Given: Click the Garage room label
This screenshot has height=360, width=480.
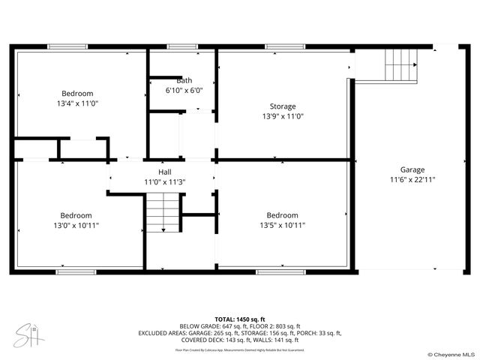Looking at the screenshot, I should (x=412, y=169).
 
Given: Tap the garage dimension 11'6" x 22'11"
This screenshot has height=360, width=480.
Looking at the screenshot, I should (x=412, y=180).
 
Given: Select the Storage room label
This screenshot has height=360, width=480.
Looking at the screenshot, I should (x=283, y=106).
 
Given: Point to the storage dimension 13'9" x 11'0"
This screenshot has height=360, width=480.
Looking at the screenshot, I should (x=283, y=117).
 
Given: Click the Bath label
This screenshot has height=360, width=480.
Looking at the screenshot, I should (x=184, y=80).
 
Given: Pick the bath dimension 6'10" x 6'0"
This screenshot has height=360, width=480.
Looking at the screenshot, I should (x=184, y=90).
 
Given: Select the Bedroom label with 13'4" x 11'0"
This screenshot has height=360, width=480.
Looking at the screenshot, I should (x=77, y=93).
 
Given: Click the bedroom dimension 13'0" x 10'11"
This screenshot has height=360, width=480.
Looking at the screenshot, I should (x=76, y=225).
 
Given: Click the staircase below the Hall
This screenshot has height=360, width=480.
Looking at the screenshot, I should (x=163, y=213).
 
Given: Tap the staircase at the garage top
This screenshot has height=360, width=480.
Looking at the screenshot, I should (x=400, y=65).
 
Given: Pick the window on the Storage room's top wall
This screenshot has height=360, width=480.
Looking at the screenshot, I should (x=279, y=46).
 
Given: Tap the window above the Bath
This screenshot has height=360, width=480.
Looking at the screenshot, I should (x=182, y=46).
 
